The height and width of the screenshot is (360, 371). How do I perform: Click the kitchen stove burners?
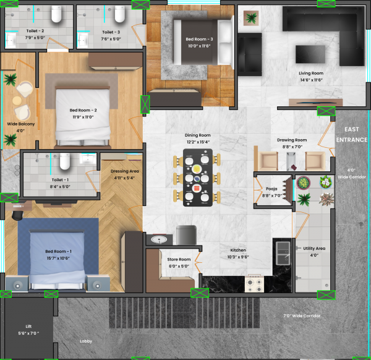[255, 283]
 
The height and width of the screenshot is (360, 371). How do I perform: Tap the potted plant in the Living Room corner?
[251, 18]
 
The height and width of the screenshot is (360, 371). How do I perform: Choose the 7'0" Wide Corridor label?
[303, 316]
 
